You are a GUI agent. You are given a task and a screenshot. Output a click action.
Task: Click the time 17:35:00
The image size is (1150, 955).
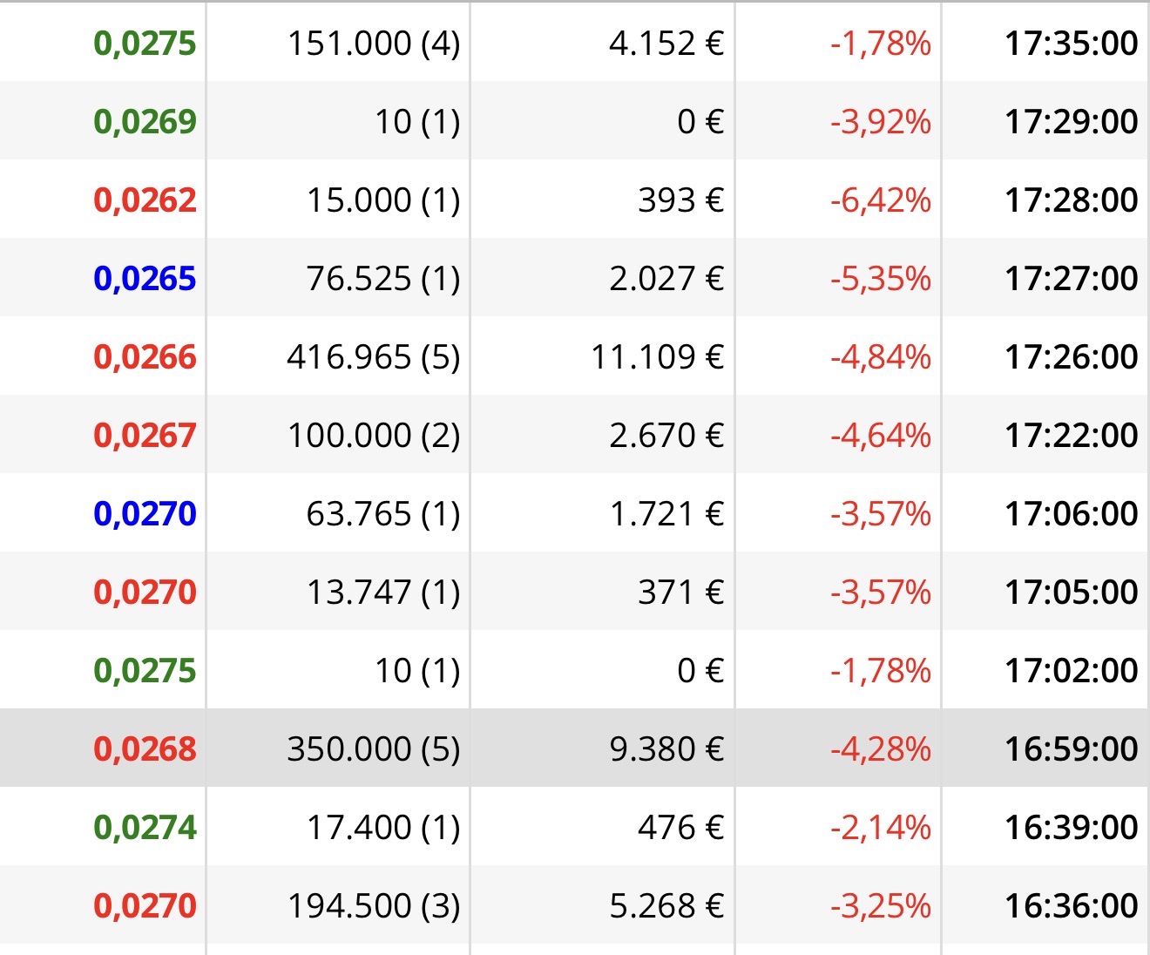[x=1072, y=43]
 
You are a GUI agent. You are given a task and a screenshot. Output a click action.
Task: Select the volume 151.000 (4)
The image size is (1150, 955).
[x=374, y=43]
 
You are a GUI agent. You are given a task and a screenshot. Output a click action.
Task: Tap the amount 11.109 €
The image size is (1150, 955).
[x=658, y=357]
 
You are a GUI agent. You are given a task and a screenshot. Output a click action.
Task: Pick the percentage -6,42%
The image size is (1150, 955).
[x=881, y=200]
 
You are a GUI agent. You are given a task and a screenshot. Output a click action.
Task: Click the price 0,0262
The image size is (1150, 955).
[x=145, y=200]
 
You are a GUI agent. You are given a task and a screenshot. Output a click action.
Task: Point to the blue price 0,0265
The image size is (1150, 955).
[x=145, y=279]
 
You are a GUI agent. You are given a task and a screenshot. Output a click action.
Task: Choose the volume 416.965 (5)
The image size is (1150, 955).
[x=374, y=357]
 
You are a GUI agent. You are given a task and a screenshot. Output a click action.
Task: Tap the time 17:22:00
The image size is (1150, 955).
[x=1072, y=435]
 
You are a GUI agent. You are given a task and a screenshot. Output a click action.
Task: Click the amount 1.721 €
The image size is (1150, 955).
[x=667, y=514]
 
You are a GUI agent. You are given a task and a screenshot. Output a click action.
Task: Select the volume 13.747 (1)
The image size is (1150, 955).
[x=382, y=592]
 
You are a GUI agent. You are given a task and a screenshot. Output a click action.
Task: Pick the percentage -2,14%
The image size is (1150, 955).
[x=881, y=827]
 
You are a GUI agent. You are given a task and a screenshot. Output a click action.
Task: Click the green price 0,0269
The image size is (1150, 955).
[x=145, y=122]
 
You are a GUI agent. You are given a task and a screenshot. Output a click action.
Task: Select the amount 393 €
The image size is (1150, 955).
[x=681, y=200]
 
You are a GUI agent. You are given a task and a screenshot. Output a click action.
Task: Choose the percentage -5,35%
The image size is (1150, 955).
[x=881, y=279]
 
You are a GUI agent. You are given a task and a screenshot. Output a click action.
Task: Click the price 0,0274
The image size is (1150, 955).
[x=145, y=827]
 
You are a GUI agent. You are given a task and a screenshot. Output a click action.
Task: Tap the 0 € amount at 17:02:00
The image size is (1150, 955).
[x=700, y=671]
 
